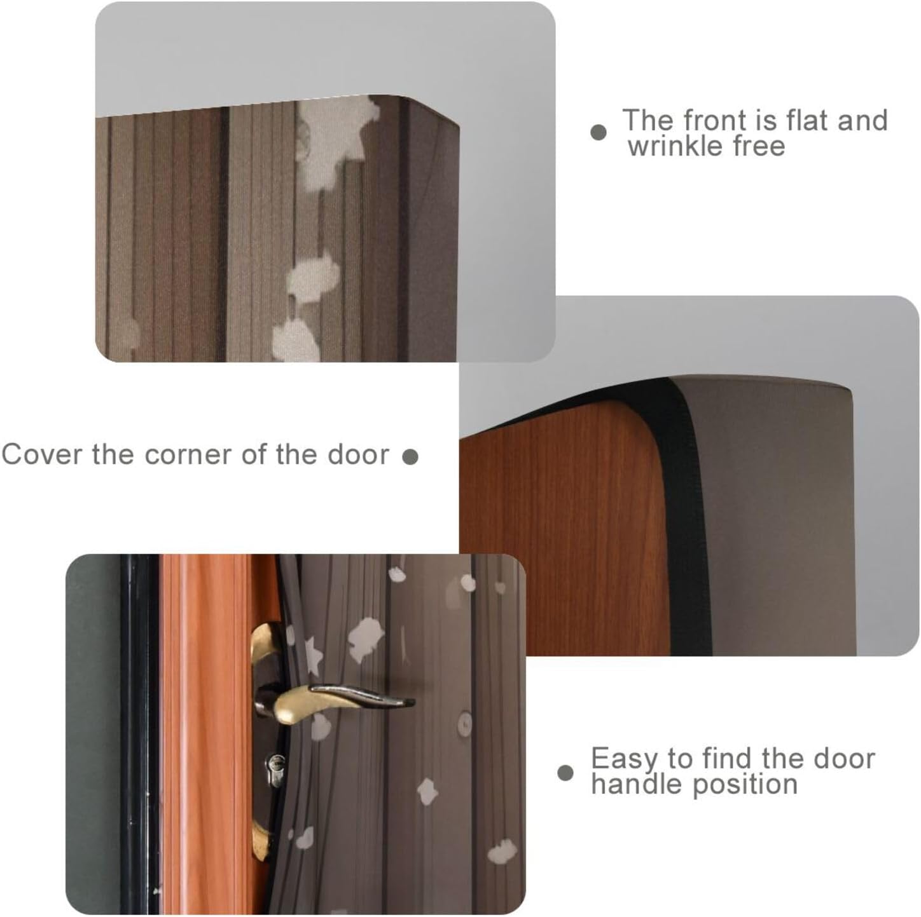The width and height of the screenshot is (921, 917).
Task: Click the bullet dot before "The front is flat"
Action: [599, 132]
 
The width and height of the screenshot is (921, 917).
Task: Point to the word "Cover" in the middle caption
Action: [43, 454]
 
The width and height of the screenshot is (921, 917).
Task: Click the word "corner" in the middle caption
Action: [188, 454]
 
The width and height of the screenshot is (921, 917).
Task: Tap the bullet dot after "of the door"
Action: [410, 456]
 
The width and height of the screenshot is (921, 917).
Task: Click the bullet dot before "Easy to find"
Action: [565, 773]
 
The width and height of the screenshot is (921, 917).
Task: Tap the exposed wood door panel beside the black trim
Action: [564, 535]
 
